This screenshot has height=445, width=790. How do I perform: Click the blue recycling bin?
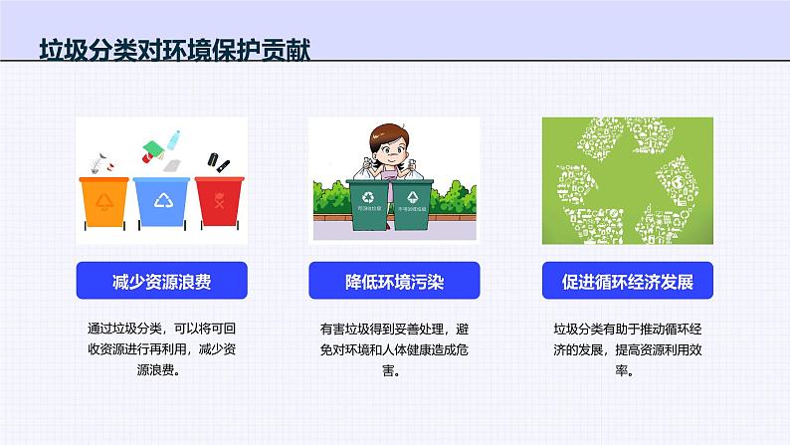(161, 203)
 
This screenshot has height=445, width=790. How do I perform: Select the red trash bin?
(217, 201)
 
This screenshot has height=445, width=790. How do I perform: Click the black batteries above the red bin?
(217, 158)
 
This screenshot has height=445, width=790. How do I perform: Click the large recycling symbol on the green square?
(627, 180)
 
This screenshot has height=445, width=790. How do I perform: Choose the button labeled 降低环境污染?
(394, 282)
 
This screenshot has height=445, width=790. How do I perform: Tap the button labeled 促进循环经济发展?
(627, 282)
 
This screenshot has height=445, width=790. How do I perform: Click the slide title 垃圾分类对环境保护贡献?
(174, 51)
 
